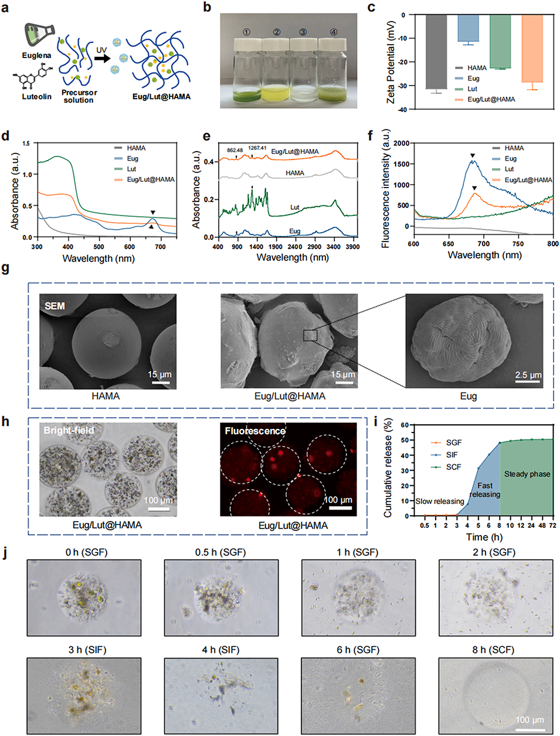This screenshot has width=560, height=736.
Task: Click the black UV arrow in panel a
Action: [101, 59]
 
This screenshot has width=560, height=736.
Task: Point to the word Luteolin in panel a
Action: [36, 96]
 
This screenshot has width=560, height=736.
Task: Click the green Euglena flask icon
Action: [39, 34]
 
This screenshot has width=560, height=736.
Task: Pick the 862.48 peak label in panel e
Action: [235, 151]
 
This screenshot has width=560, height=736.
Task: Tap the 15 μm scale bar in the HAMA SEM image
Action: [160, 383]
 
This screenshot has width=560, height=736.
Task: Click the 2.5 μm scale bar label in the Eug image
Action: [528, 375]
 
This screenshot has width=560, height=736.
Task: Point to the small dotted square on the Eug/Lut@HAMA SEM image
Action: [310, 335]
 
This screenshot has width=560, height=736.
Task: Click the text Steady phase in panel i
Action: [527, 474]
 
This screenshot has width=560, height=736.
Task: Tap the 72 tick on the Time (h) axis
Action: [552, 526]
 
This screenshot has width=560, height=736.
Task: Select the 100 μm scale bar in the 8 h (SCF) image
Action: [530, 729]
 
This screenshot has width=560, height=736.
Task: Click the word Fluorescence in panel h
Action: [255, 431]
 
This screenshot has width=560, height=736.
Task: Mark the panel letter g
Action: [6, 268]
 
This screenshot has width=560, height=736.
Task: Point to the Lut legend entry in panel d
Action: [131, 169]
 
